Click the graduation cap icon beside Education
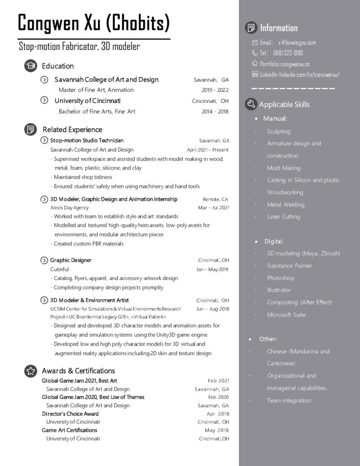point(30,66)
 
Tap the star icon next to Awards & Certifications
point(30,371)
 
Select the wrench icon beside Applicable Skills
point(251,104)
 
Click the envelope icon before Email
point(254,43)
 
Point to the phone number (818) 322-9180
point(288,53)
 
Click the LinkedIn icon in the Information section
point(254,74)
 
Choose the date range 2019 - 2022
point(215,90)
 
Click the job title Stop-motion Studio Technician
point(86,141)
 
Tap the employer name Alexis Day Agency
point(69,208)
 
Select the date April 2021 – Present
point(208,150)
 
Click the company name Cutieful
point(60,269)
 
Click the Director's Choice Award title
point(70,414)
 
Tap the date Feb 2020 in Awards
point(218,397)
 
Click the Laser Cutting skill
point(283,217)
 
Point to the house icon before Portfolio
point(254,64)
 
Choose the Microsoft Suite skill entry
point(286,314)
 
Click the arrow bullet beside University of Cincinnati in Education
point(45,101)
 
